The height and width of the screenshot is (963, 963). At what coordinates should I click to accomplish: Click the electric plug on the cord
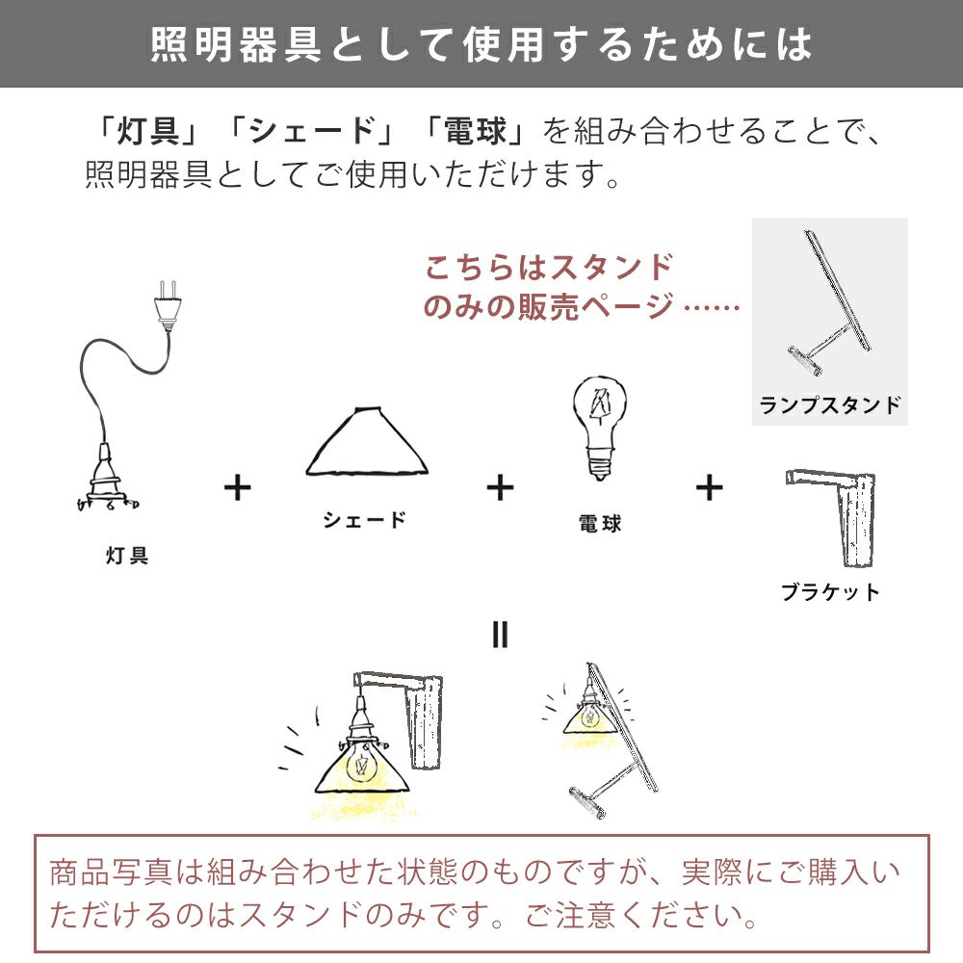pyautogui.click(x=167, y=306)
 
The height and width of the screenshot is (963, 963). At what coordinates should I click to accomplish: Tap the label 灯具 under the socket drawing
pyautogui.click(x=127, y=556)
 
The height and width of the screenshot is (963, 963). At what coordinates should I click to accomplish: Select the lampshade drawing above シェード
pyautogui.click(x=367, y=441)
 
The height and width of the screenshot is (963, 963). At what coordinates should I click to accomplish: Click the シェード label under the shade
pyautogui.click(x=364, y=520)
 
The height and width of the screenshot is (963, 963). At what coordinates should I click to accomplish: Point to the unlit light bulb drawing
pyautogui.click(x=599, y=427)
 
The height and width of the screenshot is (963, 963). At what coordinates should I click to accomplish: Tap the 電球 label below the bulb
pyautogui.click(x=600, y=523)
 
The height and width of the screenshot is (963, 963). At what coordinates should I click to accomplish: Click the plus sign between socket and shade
pyautogui.click(x=238, y=488)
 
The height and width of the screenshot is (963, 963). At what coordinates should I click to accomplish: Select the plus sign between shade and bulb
pyautogui.click(x=500, y=488)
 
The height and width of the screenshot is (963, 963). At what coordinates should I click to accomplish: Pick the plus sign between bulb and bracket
pyautogui.click(x=710, y=488)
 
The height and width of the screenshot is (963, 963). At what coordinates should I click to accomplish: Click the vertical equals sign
pyautogui.click(x=500, y=635)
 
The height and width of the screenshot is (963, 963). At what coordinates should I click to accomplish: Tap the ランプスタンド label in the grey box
pyautogui.click(x=830, y=405)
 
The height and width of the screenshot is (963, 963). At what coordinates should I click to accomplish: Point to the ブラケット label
pyautogui.click(x=830, y=592)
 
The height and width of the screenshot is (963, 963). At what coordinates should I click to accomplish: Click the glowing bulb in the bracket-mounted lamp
pyautogui.click(x=361, y=766)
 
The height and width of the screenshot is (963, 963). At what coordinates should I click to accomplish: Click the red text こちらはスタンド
pyautogui.click(x=549, y=268)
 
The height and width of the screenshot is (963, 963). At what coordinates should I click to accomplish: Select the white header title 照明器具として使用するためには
pyautogui.click(x=481, y=44)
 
